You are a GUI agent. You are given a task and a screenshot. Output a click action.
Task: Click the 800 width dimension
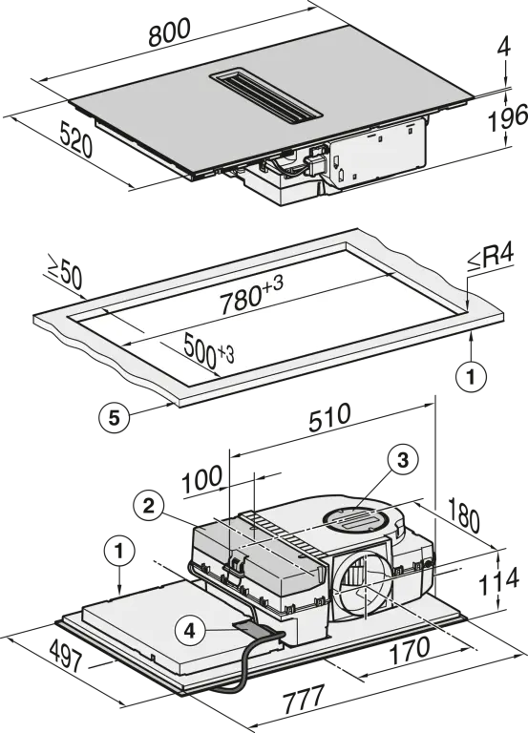(x=169, y=32)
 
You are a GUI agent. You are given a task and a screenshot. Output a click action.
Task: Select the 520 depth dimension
(x=75, y=138)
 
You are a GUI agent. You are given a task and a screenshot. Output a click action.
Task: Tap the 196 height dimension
(x=507, y=118)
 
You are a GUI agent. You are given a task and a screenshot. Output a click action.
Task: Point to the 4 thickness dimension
(x=505, y=47)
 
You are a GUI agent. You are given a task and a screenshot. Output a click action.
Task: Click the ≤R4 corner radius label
(x=490, y=257)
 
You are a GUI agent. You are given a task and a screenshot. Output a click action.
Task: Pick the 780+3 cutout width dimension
(x=252, y=296)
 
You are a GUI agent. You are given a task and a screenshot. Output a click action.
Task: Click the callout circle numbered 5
(x=115, y=417)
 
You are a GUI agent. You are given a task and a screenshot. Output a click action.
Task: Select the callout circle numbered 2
(x=148, y=506)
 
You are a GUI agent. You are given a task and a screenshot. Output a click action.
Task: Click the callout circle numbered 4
(x=189, y=631)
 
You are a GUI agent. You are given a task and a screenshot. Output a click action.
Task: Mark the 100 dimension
(x=202, y=479)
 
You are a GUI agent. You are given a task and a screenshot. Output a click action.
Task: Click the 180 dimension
(x=464, y=515)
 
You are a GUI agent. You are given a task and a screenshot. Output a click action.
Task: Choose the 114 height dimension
(x=498, y=580)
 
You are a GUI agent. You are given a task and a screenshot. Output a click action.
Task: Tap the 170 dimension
(x=410, y=650)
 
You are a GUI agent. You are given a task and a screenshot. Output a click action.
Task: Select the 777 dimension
(x=304, y=700)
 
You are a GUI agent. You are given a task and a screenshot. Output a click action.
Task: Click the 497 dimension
(x=66, y=656)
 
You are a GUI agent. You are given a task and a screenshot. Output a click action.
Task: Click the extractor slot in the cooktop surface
(x=266, y=98)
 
